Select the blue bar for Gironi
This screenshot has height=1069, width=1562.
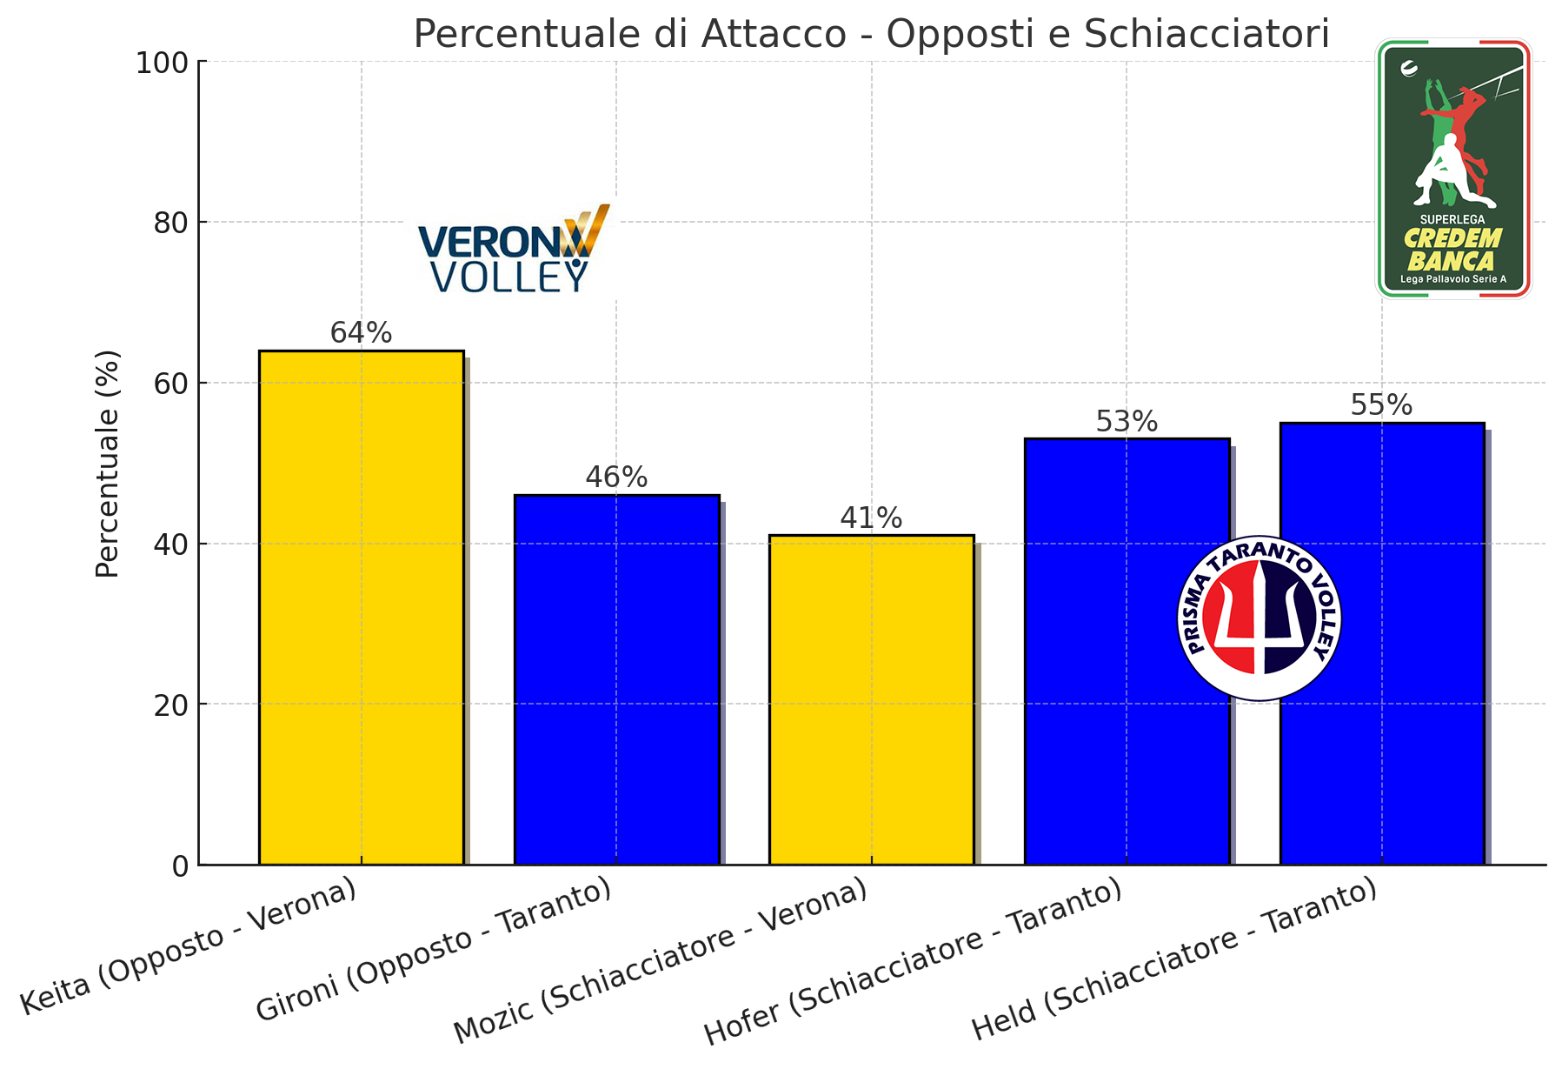coord(616,679)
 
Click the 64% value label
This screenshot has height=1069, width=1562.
coord(361,333)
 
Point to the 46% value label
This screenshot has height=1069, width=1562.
coord(616,478)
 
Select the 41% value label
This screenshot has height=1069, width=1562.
coord(871,518)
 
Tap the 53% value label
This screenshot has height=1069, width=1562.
coord(1127,422)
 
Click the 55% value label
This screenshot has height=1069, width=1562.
coord(1381,405)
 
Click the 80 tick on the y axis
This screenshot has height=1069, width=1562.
coord(169,223)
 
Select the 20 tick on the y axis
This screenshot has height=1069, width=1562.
coord(170,705)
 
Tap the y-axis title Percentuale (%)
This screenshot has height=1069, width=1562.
coord(108,464)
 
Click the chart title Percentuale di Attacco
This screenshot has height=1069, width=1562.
coord(871,34)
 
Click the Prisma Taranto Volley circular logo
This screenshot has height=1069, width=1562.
coord(1259,618)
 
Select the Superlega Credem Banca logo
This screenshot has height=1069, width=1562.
coord(1452,169)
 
